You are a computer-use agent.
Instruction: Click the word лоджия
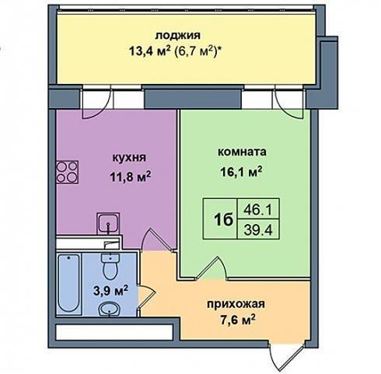pyautogui.click(x=177, y=36)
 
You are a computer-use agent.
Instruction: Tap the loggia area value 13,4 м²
pyautogui.click(x=150, y=51)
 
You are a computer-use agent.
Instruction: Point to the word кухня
pyautogui.click(x=129, y=158)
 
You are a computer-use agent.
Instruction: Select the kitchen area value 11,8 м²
pyautogui.click(x=130, y=177)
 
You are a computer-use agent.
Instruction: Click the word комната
pyautogui.click(x=242, y=152)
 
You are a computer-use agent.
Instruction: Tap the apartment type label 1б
pyautogui.click(x=223, y=220)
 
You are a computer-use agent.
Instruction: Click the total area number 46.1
pyautogui.click(x=258, y=210)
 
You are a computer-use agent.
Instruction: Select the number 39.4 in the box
pyautogui.click(x=258, y=229)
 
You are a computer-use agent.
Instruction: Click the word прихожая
pyautogui.click(x=236, y=304)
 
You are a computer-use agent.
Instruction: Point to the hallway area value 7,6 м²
pyautogui.click(x=237, y=320)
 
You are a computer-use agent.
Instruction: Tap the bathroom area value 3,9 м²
pyautogui.click(x=111, y=291)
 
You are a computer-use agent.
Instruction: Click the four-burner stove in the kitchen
pyautogui.click(x=68, y=172)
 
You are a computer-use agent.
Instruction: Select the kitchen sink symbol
pyautogui.click(x=108, y=224)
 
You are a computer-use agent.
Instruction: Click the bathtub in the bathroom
pyautogui.click(x=68, y=283)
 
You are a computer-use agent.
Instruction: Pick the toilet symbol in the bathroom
pyautogui.click(x=110, y=267)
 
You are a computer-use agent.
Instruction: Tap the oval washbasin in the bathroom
pyautogui.click(x=110, y=309)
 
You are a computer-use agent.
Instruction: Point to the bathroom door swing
pyautogui.click(x=146, y=296)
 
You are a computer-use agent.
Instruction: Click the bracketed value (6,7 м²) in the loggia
pyautogui.click(x=198, y=51)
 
